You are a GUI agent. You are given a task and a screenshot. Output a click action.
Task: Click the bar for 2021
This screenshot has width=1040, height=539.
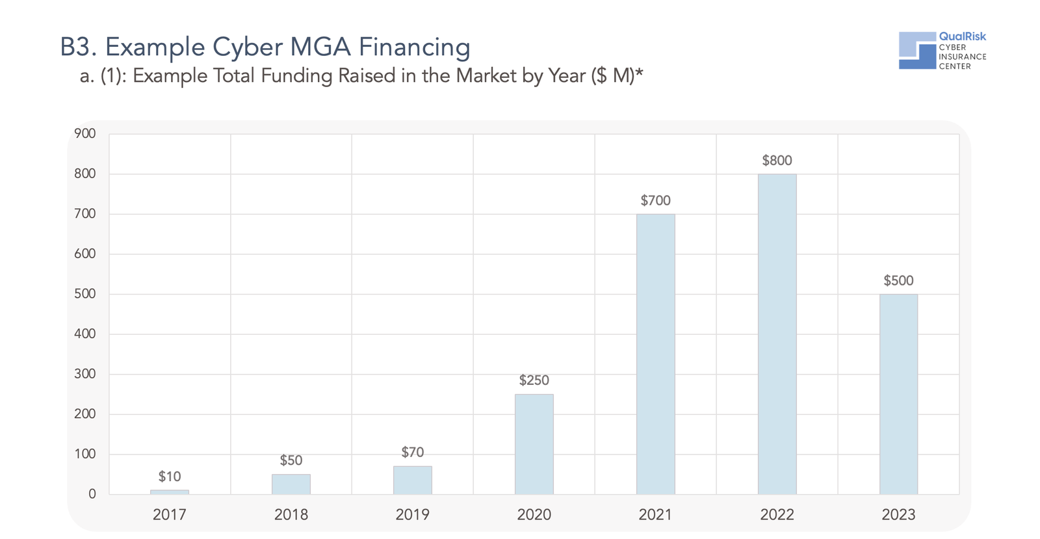point(655,354)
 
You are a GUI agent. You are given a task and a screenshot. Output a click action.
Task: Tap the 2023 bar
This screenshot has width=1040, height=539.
point(898,394)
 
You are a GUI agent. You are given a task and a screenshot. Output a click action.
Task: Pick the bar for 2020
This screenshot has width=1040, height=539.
point(534,444)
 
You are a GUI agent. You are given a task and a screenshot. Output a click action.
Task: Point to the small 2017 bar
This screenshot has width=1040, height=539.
point(170,492)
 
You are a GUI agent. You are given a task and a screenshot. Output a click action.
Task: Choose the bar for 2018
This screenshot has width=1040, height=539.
point(291,484)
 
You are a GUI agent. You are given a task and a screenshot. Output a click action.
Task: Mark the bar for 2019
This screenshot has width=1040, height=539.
point(412,480)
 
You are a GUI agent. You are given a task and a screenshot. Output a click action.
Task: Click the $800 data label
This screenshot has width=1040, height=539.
point(777,161)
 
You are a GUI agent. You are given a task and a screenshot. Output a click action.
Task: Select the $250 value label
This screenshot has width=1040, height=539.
point(534,380)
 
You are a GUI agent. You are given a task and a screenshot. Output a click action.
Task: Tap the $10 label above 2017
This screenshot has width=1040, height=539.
point(170,477)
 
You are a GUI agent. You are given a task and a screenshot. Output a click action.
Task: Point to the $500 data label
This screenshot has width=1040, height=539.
point(898,281)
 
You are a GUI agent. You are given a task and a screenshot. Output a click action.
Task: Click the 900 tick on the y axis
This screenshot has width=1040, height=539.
point(85,134)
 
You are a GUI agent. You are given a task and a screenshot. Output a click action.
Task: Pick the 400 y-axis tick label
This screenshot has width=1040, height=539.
point(85,334)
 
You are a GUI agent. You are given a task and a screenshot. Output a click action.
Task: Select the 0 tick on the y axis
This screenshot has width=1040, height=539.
point(92,494)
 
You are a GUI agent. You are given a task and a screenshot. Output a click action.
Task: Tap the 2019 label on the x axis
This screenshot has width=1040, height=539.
point(412,515)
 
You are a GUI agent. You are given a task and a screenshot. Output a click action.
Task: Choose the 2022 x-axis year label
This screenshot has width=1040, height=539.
point(777,515)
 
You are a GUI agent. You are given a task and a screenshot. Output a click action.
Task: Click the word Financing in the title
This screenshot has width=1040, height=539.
point(414,47)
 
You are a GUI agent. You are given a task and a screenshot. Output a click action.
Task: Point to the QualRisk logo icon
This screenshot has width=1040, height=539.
point(917,50)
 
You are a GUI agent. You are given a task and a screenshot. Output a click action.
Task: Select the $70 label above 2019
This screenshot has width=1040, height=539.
point(412,453)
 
